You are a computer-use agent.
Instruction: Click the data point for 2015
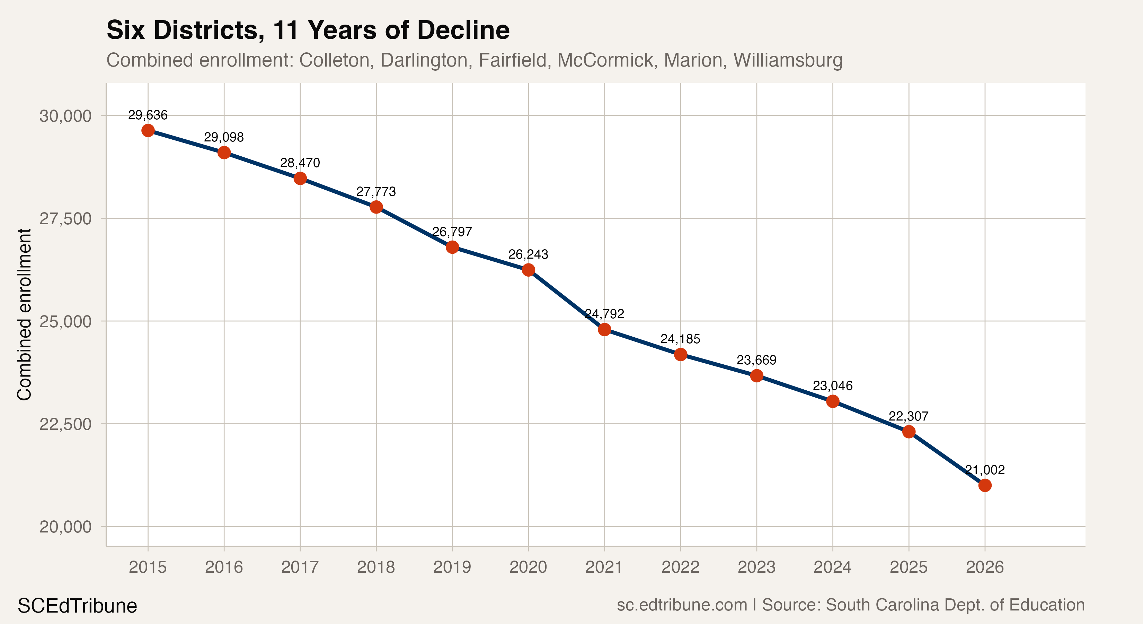click(148, 131)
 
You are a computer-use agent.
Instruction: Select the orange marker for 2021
click(604, 330)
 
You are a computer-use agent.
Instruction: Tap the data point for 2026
click(985, 485)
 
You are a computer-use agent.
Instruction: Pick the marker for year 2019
click(452, 247)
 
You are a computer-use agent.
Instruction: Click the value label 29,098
click(224, 137)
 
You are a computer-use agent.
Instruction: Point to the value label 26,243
click(528, 254)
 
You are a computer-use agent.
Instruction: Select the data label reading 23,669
click(756, 360)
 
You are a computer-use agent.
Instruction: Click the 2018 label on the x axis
click(376, 567)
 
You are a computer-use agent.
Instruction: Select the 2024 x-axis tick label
click(832, 567)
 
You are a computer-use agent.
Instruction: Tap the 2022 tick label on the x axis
click(680, 567)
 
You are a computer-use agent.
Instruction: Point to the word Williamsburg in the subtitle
click(788, 60)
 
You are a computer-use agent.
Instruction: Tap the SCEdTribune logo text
click(77, 606)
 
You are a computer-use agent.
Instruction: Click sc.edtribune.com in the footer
click(682, 605)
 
